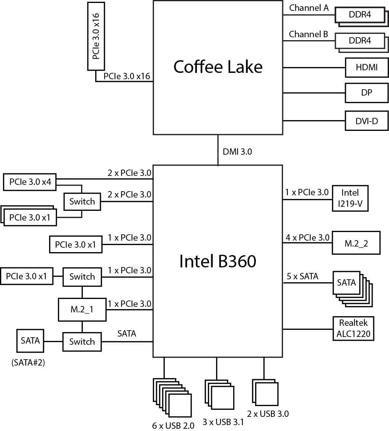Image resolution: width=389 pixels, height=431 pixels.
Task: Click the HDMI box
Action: click(366, 67)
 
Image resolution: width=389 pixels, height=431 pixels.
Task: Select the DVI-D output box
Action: click(366, 120)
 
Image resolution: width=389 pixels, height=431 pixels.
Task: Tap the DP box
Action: click(366, 93)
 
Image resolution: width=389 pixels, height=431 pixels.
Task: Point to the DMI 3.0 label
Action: click(237, 151)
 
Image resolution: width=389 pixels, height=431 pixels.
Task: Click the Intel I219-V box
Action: click(350, 198)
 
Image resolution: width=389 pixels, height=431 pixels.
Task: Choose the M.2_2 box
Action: click(356, 244)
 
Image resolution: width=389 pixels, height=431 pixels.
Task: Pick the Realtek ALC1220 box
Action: click(353, 328)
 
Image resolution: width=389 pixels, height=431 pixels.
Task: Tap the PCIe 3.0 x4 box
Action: click(30, 182)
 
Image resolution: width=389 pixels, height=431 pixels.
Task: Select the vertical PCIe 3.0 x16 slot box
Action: click(96, 36)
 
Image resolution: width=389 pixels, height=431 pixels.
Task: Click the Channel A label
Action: click(309, 8)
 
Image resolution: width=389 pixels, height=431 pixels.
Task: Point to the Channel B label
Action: click(309, 35)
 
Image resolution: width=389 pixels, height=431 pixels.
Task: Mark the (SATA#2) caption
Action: click(28, 363)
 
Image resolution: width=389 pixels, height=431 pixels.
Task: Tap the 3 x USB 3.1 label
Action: click(223, 422)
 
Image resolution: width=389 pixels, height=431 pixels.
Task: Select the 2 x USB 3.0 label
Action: click(268, 414)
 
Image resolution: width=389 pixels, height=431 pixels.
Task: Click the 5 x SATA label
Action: click(302, 276)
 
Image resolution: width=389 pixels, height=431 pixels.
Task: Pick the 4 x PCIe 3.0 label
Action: click(308, 237)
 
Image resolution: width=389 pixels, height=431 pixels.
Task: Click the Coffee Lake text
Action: click(218, 67)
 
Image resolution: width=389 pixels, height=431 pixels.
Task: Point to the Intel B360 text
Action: click(218, 261)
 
